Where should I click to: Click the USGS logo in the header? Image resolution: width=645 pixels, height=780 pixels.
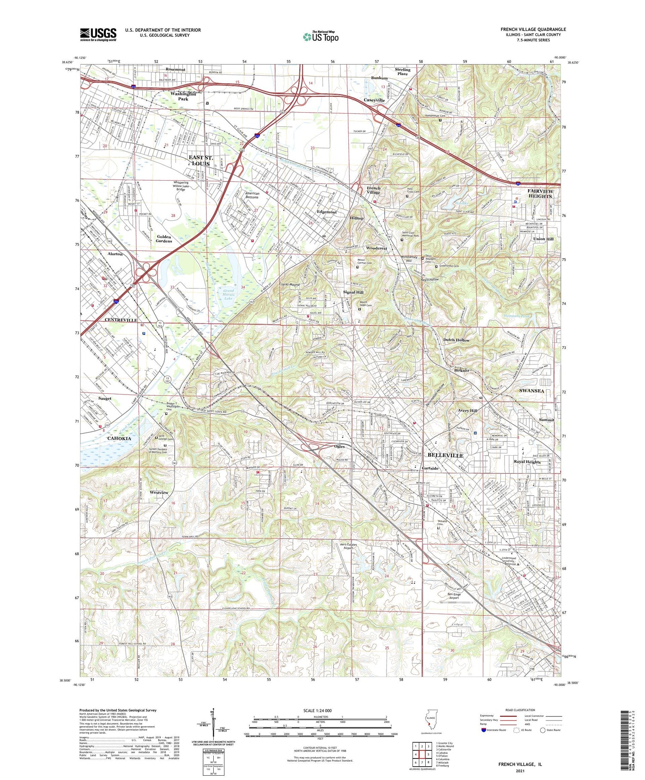98,34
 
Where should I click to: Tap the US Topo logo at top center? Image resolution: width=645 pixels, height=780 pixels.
320,37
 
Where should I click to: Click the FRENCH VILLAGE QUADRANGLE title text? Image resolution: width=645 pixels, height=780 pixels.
533,29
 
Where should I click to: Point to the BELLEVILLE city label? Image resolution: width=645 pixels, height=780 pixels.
445,455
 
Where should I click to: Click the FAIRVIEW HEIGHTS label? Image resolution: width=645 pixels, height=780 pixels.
540,194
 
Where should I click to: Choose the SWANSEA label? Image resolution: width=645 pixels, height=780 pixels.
531,391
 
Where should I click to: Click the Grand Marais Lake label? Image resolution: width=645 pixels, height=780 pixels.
228,294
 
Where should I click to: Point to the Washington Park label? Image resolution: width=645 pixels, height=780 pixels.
183,96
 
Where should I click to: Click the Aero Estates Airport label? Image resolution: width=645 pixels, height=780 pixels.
349,546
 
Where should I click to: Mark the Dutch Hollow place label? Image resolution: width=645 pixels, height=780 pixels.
456,340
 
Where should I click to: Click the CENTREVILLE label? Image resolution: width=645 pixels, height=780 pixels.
121,320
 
